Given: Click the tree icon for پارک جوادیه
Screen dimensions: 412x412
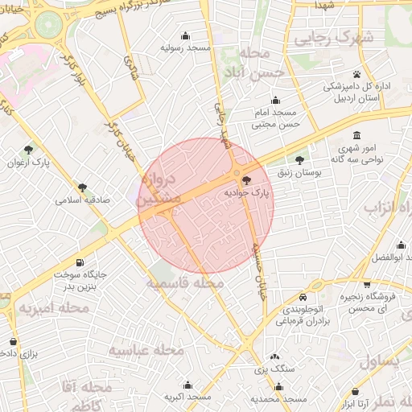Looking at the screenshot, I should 245,181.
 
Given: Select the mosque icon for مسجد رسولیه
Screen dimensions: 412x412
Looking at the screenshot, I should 187,35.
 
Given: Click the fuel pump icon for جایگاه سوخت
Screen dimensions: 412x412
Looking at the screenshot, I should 79,263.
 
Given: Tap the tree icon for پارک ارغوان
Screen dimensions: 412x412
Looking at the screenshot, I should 30,150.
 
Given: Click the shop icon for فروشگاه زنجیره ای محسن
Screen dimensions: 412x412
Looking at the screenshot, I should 368,284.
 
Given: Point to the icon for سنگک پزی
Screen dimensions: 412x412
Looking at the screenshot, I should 274,356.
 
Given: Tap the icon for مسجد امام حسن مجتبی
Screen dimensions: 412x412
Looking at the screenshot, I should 276,101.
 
